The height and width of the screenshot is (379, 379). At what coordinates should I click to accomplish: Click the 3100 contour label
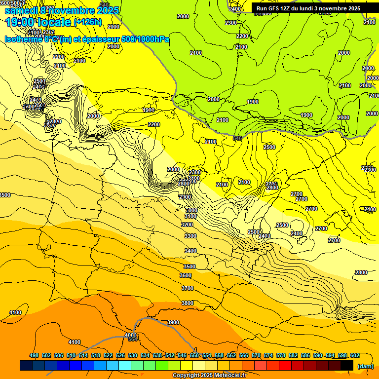pos(190,216)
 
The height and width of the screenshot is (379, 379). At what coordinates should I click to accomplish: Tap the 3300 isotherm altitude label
pos(190,236)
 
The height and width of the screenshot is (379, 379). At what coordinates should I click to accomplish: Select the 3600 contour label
pos(186,275)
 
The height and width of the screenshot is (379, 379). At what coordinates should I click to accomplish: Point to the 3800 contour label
pos(188,303)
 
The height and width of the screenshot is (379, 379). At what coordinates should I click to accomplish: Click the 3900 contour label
pos(173,322)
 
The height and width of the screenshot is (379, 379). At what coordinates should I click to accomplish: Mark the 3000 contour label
pos(191,210)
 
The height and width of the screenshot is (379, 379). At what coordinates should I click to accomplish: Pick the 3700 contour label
pos(188,288)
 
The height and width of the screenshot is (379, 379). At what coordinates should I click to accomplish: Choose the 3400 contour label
pos(190,251)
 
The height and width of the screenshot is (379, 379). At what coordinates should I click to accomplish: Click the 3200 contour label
pos(187,225)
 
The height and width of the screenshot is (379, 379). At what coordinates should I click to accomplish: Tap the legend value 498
pos(34,355)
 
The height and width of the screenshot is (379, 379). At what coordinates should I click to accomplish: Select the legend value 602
pos(354,355)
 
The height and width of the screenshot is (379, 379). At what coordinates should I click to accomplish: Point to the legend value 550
pos(194,355)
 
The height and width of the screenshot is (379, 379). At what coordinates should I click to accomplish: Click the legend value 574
pos(268,355)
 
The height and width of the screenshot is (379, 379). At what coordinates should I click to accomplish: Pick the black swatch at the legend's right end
pos(347,365)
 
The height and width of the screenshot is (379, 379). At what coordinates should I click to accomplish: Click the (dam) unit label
pos(365,366)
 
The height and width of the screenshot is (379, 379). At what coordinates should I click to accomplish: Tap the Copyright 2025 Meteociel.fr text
pos(209,375)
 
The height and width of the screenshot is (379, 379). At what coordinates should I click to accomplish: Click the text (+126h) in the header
pos(87,22)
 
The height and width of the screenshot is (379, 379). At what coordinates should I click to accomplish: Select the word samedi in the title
pos(22,10)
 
